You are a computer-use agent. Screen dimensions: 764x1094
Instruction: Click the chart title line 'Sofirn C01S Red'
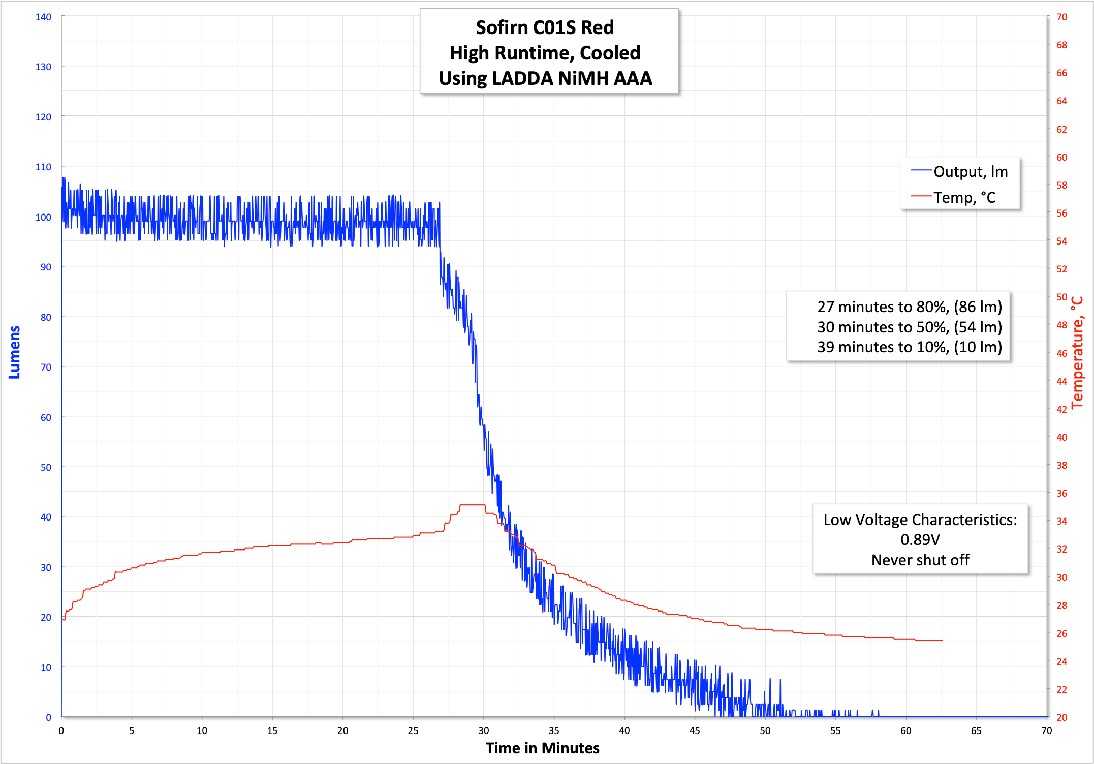[545, 27]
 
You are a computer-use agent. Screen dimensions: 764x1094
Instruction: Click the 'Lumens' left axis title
[14, 352]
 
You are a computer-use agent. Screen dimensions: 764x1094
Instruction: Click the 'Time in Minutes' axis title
[542, 748]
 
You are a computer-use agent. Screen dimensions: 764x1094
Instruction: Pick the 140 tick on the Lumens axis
[43, 17]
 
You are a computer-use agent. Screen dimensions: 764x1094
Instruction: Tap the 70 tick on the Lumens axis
[46, 367]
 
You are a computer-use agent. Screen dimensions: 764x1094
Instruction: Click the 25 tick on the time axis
[413, 730]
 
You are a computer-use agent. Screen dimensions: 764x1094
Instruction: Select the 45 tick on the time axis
[695, 730]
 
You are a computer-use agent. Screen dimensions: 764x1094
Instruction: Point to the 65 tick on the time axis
[976, 730]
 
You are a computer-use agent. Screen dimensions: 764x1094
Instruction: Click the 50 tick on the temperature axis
[1061, 297]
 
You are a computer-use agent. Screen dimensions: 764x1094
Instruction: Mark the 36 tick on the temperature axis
[1061, 493]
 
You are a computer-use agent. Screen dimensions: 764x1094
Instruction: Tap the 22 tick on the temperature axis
[1061, 689]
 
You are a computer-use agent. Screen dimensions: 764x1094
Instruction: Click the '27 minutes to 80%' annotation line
[909, 307]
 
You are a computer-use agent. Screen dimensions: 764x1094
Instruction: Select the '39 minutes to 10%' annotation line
[909, 347]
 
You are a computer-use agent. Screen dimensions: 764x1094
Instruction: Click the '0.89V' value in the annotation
[920, 539]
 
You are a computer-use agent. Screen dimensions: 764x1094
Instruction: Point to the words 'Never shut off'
[920, 560]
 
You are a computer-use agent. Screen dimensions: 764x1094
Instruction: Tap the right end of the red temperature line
[942, 640]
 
